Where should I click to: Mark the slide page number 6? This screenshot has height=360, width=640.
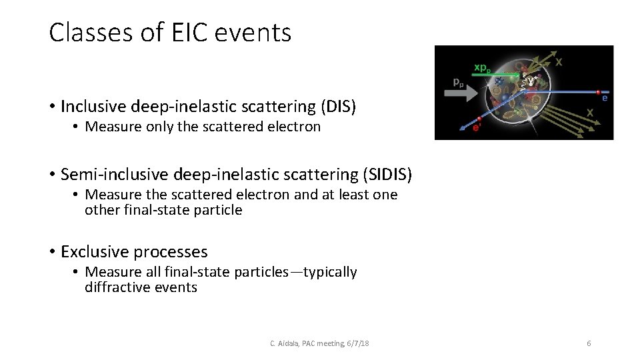click(589, 343)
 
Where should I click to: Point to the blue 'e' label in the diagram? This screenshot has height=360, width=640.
click(605, 98)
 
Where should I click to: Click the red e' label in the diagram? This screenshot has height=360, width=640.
click(477, 129)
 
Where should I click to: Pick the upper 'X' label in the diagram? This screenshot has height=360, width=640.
click(559, 62)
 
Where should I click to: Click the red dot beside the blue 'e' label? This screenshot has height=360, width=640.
click(598, 92)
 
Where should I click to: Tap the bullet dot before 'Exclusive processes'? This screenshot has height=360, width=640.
click(52, 253)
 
